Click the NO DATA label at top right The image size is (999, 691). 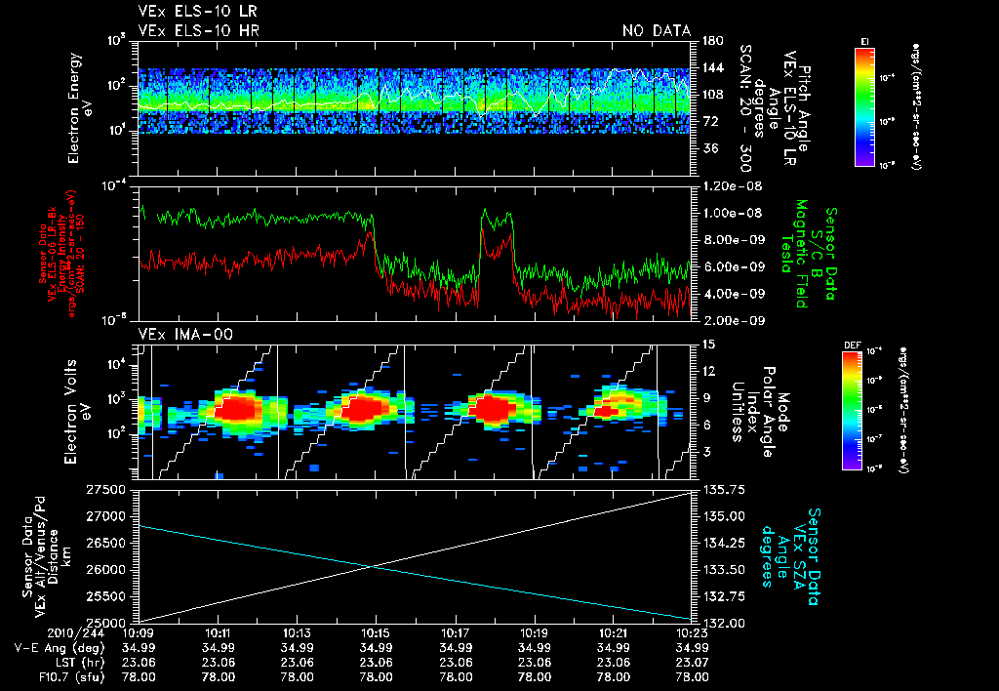point(657,31)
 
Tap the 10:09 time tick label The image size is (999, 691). point(139,633)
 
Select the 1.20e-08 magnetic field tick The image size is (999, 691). point(725,185)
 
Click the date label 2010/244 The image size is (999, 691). point(39,633)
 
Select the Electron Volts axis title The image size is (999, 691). point(79,410)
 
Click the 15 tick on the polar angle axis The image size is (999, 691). point(707,344)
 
